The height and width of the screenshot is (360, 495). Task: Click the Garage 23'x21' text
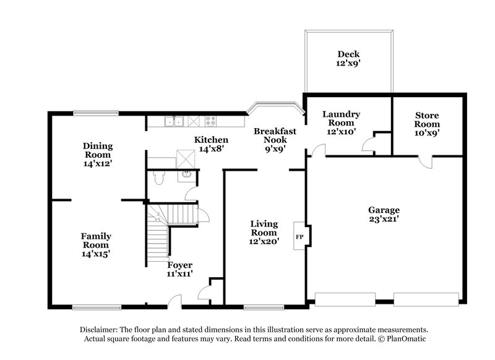(384, 214)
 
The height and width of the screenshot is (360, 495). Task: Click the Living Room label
(264, 233)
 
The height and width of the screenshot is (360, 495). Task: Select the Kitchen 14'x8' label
(211, 144)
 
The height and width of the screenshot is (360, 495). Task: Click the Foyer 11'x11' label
(180, 269)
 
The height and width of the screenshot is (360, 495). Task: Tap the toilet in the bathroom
(158, 178)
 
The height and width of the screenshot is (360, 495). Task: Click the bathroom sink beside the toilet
(186, 176)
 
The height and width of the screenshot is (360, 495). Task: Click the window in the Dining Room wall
(95, 112)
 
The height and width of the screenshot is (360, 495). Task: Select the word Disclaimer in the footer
(101, 330)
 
